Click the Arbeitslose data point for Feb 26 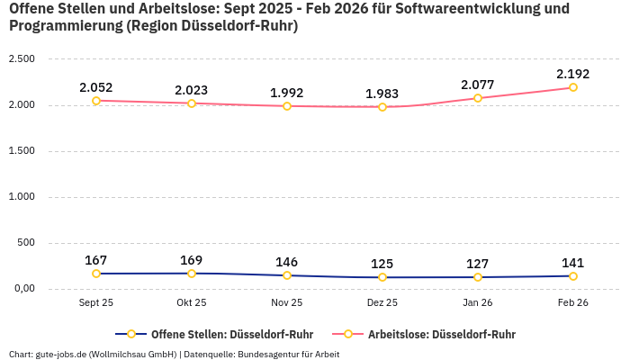tap(573, 87)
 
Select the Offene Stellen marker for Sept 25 tap(96, 274)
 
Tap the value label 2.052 tap(96, 87)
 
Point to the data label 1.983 tap(382, 94)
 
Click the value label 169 tap(192, 260)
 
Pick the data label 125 tap(382, 264)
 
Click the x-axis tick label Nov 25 tap(287, 303)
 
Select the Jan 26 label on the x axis tap(478, 303)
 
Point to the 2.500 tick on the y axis tap(22, 59)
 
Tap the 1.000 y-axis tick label tap(22, 197)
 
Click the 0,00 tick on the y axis tap(22, 289)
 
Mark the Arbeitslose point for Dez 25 tap(382, 107)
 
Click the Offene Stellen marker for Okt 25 tap(192, 274)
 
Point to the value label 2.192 tap(573, 74)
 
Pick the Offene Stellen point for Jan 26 tap(478, 277)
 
